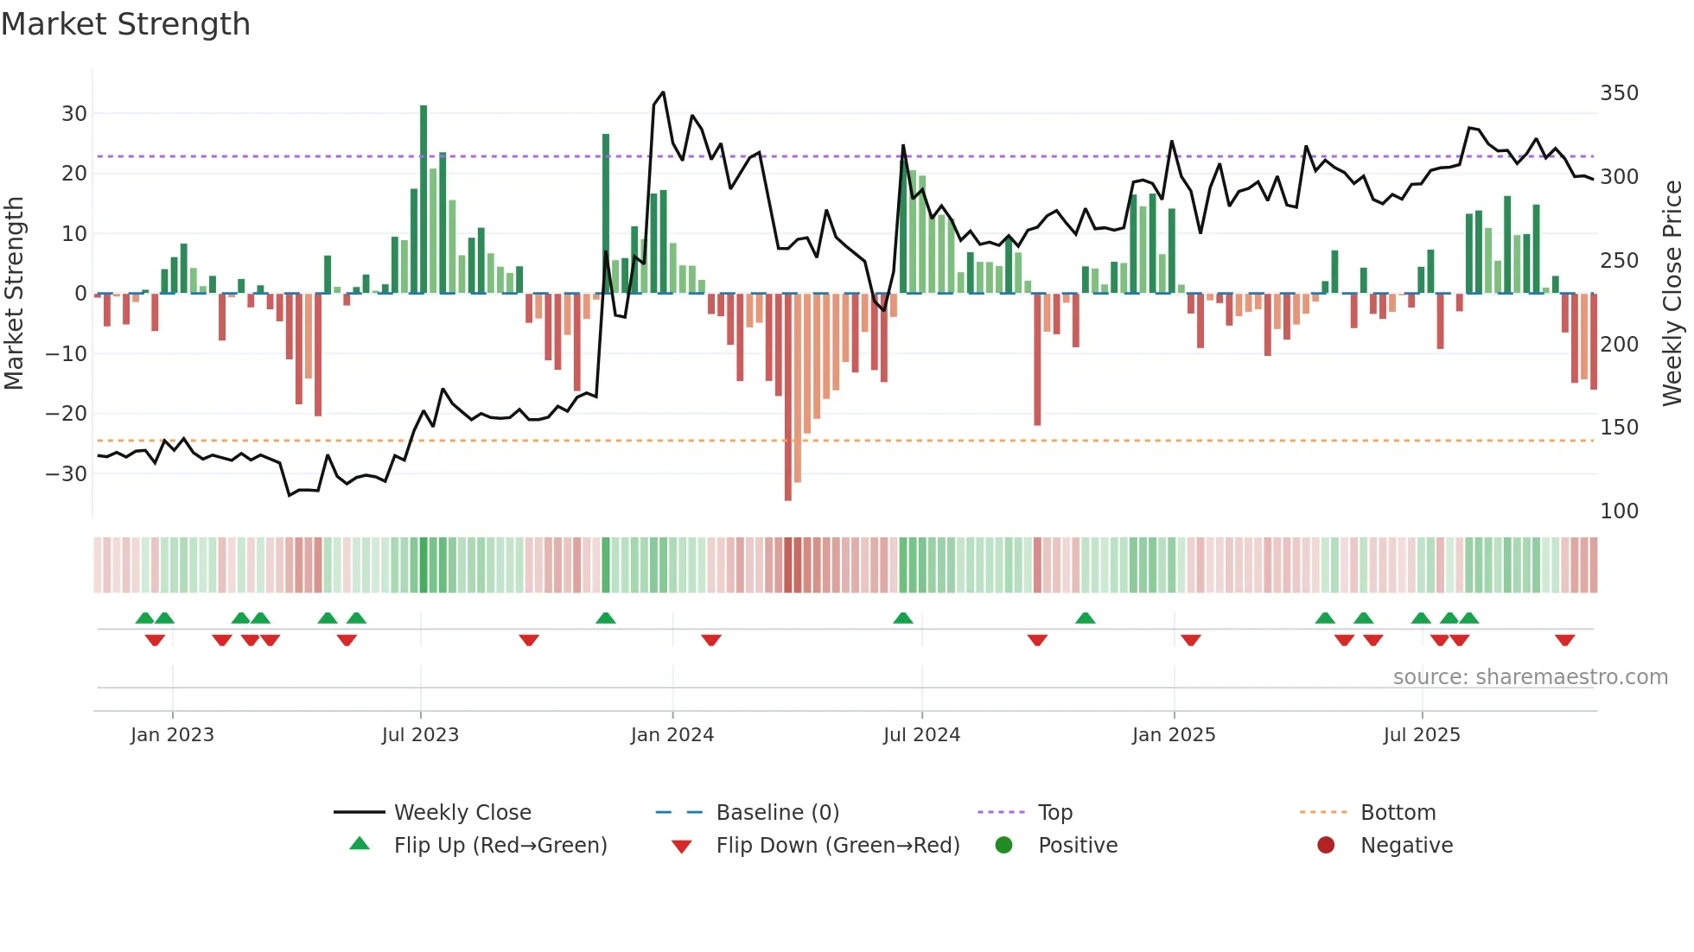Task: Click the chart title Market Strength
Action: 125,24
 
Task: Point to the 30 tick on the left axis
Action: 74,114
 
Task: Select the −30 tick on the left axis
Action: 67,473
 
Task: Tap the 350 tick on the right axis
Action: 1619,93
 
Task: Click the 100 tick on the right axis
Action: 1619,511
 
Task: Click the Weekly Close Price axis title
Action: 1672,294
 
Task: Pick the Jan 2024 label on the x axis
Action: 672,735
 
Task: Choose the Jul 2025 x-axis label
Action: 1422,735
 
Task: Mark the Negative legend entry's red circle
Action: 1326,846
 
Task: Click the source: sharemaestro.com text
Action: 1530,677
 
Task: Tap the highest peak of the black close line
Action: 663,92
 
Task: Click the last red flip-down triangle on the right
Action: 1564,640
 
